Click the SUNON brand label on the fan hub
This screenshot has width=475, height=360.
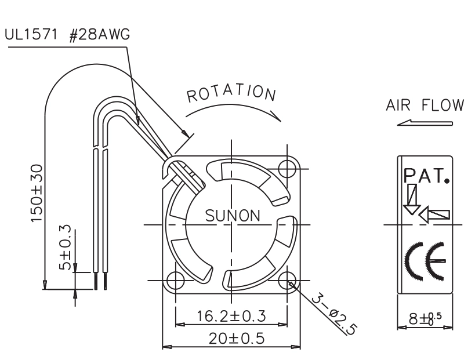coord(233,216)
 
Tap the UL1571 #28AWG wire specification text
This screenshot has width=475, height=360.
coord(67,35)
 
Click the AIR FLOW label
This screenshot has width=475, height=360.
coord(425,105)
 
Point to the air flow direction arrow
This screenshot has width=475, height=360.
coord(425,123)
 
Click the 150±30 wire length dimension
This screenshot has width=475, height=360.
coord(37,193)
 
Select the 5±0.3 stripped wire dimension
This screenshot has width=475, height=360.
coord(65,248)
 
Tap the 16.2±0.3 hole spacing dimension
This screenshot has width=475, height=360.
coord(231,316)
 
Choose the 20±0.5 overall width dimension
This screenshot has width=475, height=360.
coord(236,338)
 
